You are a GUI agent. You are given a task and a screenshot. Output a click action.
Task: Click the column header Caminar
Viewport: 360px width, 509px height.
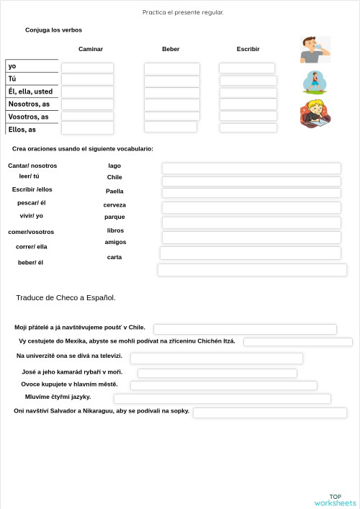(91, 49)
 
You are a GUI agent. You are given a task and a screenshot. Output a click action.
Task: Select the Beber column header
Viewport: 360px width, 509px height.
(171, 49)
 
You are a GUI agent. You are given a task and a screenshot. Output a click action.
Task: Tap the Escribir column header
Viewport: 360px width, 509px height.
(248, 49)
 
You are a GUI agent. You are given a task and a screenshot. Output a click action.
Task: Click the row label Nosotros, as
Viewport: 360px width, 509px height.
(29, 104)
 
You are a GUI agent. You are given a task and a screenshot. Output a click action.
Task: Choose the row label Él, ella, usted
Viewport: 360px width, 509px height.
(30, 91)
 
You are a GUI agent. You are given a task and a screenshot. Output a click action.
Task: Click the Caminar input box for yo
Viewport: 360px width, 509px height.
(87, 68)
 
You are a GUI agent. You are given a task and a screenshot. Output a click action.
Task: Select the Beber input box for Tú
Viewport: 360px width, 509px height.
(171, 80)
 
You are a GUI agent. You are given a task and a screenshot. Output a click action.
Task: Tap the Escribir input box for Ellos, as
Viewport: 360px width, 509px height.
(248, 127)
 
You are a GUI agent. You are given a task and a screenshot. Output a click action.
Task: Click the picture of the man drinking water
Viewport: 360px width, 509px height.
(315, 50)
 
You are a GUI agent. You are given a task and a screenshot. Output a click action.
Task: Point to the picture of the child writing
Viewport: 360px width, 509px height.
(315, 114)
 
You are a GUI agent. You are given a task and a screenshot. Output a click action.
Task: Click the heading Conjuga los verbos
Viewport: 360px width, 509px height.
(53, 30)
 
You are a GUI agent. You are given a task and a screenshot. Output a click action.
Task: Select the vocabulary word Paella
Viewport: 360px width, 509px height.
(114, 192)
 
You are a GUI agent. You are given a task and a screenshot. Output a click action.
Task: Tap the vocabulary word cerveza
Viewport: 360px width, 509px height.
(114, 205)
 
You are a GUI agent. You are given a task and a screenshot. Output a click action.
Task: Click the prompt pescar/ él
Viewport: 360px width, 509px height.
(32, 202)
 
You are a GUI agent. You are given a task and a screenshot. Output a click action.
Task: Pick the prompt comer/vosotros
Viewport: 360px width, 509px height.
(31, 232)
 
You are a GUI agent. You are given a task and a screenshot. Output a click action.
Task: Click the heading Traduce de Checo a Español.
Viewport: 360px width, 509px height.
(66, 297)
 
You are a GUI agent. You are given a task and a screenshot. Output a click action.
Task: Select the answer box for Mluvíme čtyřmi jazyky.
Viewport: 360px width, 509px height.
(222, 398)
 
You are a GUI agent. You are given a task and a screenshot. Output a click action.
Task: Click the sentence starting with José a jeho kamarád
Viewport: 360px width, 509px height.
(72, 372)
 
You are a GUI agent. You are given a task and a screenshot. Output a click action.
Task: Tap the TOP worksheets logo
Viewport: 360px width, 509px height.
(335, 500)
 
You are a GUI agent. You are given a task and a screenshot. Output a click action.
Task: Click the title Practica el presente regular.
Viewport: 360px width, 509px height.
(183, 12)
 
